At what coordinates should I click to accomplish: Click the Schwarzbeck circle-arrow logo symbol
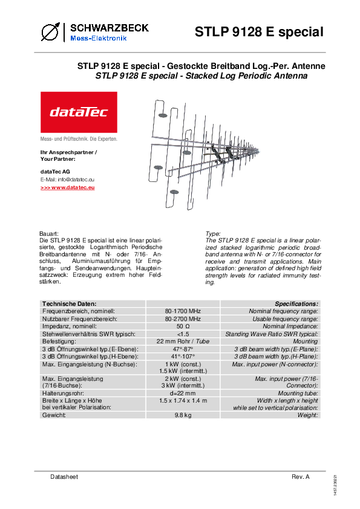click(x=50, y=32)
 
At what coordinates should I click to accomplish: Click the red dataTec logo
click(x=79, y=112)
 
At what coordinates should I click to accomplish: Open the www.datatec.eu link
click(x=68, y=187)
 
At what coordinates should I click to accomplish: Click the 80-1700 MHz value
click(x=183, y=311)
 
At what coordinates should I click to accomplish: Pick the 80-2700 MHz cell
click(x=183, y=319)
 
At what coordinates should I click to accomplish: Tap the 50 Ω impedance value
click(x=183, y=326)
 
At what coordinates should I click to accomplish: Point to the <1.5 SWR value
click(x=183, y=334)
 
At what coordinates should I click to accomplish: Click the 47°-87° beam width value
click(x=183, y=349)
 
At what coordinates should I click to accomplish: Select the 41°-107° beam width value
click(x=183, y=357)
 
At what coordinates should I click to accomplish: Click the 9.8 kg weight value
click(x=183, y=415)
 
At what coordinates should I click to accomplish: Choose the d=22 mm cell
click(x=183, y=393)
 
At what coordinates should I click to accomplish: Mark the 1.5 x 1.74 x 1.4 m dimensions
click(x=183, y=401)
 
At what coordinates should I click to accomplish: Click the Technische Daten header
click(x=69, y=304)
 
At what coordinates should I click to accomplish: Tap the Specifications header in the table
click(x=296, y=304)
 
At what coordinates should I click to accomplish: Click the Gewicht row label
click(x=54, y=415)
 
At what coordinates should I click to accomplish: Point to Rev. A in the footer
click(x=301, y=476)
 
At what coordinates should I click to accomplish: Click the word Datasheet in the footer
click(x=64, y=476)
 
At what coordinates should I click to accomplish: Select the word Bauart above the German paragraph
click(x=49, y=234)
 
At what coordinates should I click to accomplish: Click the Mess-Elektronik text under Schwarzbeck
click(x=99, y=38)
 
